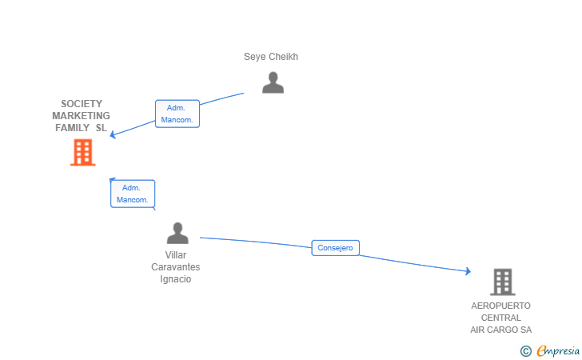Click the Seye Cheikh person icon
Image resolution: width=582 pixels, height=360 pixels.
coord(273,82)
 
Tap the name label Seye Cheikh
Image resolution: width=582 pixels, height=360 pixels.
coord(271,57)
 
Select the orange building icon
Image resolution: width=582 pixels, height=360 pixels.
coord(83,152)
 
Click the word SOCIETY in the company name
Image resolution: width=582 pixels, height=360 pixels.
coord(82,104)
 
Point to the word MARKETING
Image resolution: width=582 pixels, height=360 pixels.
coord(81,115)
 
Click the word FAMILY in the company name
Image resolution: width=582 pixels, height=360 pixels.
coord(73,128)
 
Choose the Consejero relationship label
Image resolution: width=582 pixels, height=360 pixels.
coord(335,248)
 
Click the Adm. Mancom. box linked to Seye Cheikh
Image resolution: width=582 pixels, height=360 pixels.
coord(177,114)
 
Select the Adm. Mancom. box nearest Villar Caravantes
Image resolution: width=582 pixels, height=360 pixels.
coord(133,194)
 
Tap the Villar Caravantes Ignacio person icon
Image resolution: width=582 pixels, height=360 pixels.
coord(177,233)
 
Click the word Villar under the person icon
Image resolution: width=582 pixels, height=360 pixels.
coord(176,255)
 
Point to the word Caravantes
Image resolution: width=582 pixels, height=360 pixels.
coord(176,267)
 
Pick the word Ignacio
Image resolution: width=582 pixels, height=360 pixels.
coord(176,279)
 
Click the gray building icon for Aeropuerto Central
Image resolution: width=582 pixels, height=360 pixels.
coord(503,282)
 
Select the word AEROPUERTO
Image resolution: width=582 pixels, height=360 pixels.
coord(500,306)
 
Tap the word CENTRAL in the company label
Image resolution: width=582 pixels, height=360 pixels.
coord(500,318)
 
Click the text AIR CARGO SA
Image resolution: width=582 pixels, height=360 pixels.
coord(500,330)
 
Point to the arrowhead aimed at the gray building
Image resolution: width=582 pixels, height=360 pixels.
coord(468,271)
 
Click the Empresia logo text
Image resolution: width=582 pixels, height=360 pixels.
coord(558,350)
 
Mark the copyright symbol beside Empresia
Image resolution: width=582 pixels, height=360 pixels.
coord(525,351)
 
